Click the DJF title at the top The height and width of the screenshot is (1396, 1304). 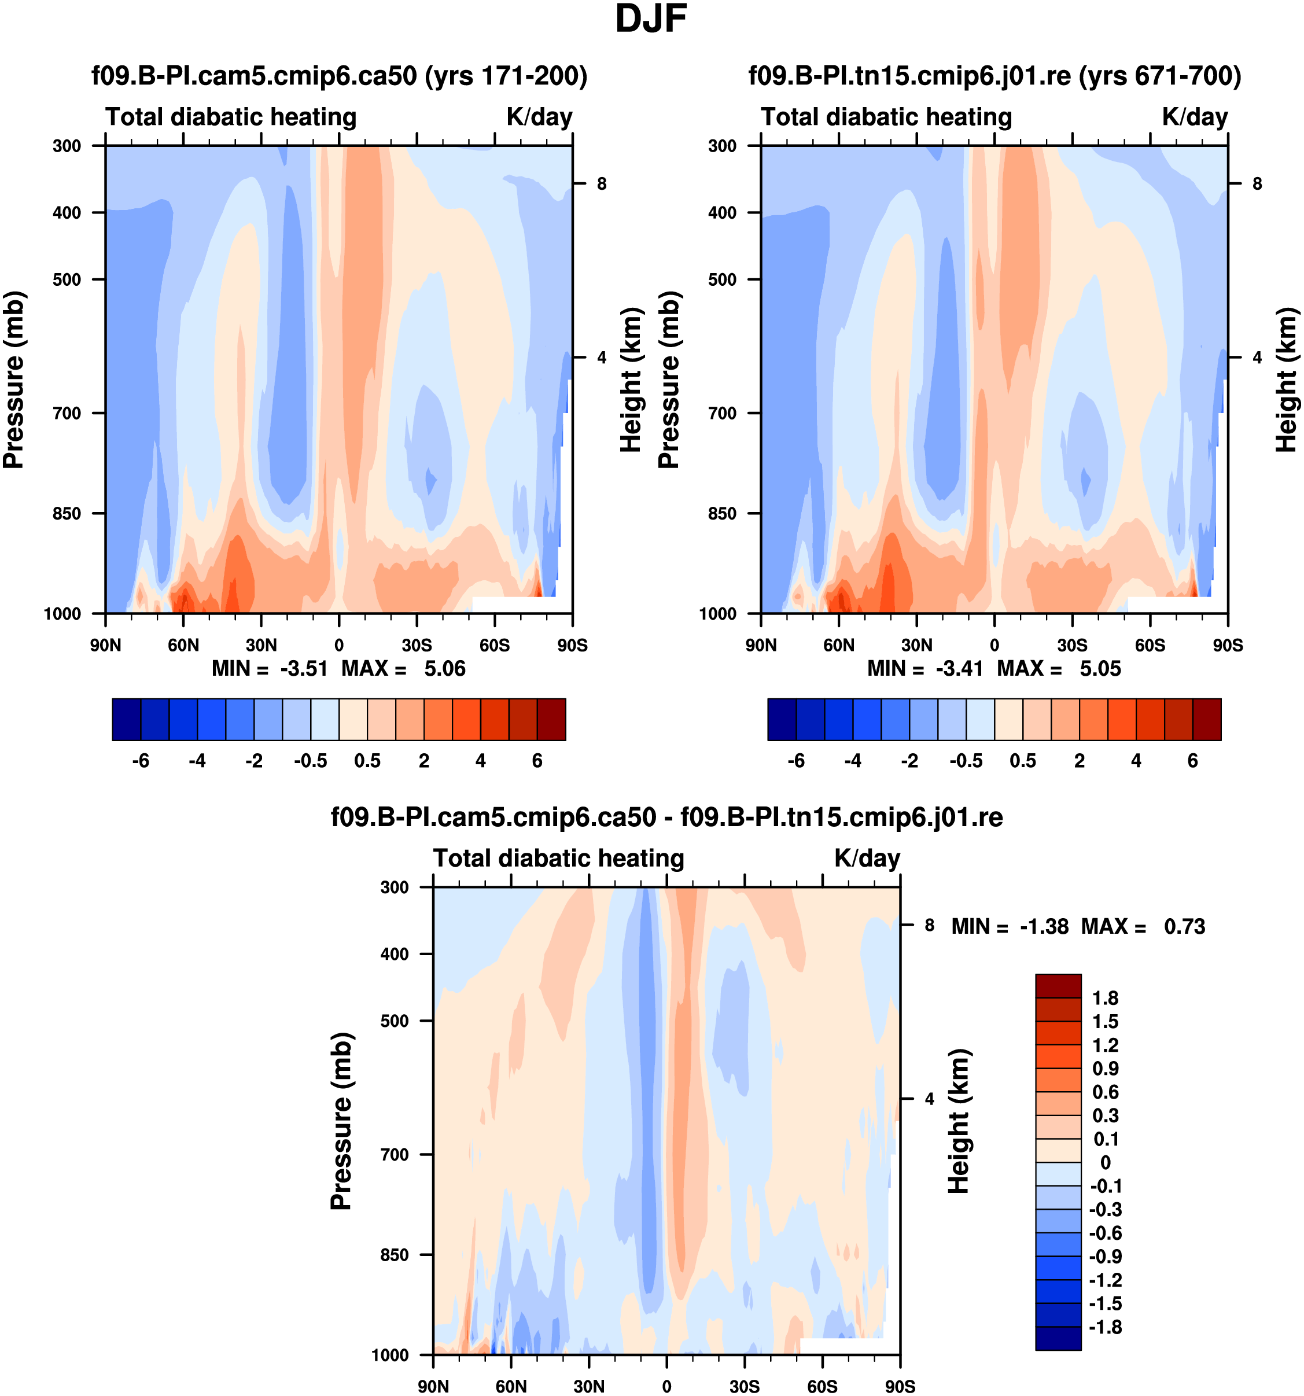[650, 20]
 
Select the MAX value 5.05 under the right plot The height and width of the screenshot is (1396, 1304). [1100, 669]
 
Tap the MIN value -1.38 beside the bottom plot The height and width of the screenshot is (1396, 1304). [1044, 927]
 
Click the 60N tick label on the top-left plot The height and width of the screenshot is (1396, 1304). [183, 645]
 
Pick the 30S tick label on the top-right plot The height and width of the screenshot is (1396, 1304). [1072, 645]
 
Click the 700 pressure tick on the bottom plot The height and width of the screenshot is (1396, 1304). [394, 1154]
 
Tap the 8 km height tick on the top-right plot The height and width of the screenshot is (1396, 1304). [1257, 184]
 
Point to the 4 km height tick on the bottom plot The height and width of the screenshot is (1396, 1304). [930, 1099]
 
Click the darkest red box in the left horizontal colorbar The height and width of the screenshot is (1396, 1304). [551, 719]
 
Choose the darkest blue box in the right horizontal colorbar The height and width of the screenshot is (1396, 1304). [782, 719]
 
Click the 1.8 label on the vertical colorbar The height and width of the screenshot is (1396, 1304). [1105, 998]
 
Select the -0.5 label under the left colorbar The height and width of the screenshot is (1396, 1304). [310, 761]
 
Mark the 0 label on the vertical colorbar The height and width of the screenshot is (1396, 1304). [1105, 1162]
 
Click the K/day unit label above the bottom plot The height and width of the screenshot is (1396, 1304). [867, 858]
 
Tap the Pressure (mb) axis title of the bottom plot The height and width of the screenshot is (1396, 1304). [341, 1121]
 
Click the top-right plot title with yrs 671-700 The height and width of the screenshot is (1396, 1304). [994, 75]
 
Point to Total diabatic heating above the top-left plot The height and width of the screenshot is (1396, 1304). [231, 116]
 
